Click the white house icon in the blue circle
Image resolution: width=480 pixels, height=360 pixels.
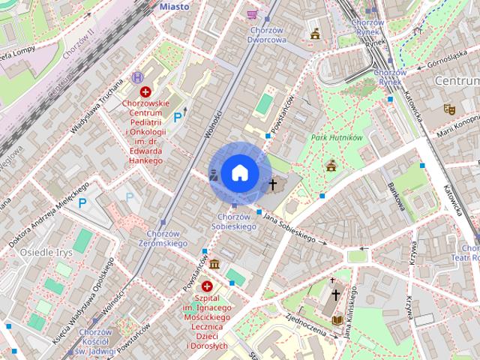coord(239,173)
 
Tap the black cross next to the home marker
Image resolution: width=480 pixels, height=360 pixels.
coord(272,184)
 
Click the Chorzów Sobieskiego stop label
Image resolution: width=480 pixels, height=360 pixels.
coord(232,221)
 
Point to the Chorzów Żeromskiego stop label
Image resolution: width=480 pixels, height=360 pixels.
coord(163,238)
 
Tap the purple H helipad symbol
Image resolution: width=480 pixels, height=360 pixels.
coord(136,76)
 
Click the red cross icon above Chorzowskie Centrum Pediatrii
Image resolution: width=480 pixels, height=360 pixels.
coord(145,91)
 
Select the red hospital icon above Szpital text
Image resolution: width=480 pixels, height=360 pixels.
coord(206,285)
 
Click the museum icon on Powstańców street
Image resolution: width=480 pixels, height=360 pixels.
coord(215,265)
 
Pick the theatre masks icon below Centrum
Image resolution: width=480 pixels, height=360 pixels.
coord(448,108)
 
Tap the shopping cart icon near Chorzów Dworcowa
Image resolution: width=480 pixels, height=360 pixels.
coord(252,13)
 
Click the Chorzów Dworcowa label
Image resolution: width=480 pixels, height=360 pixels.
coord(266,34)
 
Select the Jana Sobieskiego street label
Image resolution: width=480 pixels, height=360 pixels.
coord(289,227)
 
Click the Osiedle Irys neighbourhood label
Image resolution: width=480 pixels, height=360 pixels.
coord(46,252)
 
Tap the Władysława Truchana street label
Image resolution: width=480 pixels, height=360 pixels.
coord(97,109)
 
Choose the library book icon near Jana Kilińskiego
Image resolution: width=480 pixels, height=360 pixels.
coord(337,319)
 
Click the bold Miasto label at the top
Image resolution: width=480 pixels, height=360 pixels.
coord(174,6)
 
